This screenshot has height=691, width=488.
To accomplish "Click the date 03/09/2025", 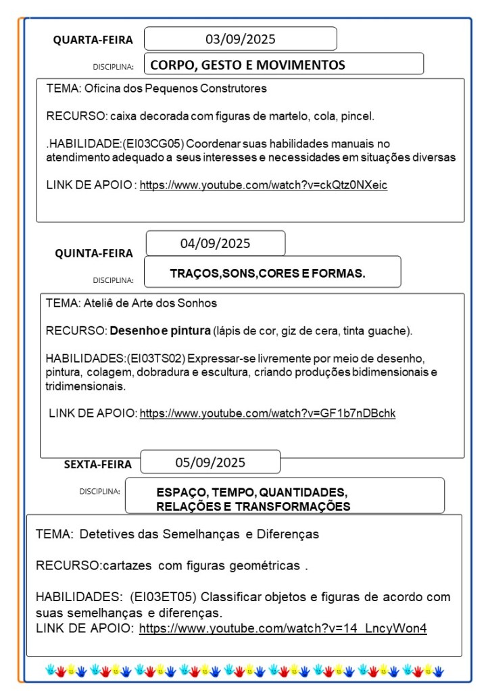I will tap(240, 39).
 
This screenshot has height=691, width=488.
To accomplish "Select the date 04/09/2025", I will tap(215, 243).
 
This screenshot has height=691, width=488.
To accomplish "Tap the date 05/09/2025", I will tap(210, 463).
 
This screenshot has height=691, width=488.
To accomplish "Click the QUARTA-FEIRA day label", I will tap(93, 40).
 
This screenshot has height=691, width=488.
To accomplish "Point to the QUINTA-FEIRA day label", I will tap(94, 253).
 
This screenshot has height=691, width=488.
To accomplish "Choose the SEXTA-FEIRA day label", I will tap(98, 464).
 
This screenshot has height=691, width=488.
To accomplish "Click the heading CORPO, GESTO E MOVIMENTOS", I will tap(247, 65).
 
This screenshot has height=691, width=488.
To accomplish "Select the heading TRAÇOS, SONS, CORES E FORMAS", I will tap(268, 274).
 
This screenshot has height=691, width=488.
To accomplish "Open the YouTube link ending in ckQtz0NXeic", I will tap(264, 185).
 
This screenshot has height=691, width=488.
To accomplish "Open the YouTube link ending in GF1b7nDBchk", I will tap(267, 413).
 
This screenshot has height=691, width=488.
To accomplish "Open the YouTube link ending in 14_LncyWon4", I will tap(283, 629).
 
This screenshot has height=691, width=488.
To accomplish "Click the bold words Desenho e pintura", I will tap(160, 331).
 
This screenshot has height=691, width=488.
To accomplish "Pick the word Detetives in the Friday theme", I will tap(102, 534).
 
